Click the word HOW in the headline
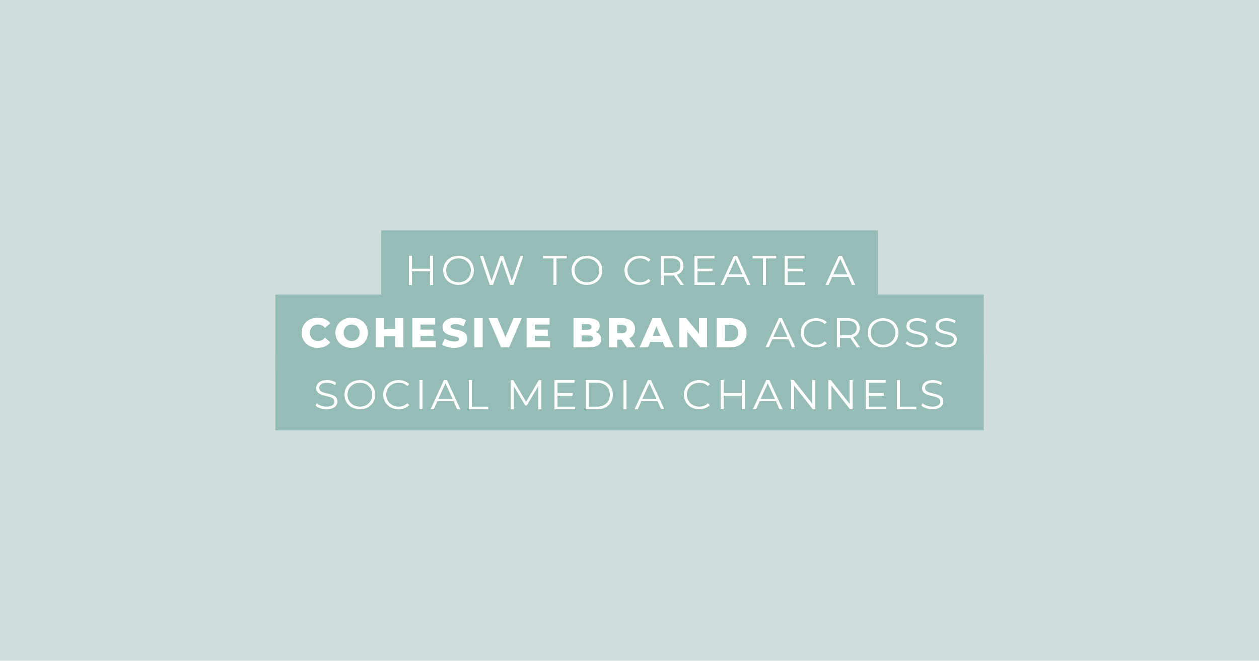pyautogui.click(x=466, y=270)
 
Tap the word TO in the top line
pyautogui.click(x=573, y=270)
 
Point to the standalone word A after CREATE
pyautogui.click(x=841, y=270)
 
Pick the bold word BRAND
pyautogui.click(x=660, y=332)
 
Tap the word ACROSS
pyautogui.click(x=862, y=332)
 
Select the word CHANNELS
pyautogui.click(x=813, y=394)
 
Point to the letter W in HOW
pyautogui.click(x=502, y=270)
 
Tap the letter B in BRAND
pyautogui.click(x=587, y=332)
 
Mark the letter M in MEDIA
pyautogui.click(x=526, y=394)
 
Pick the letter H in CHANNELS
pyautogui.click(x=733, y=394)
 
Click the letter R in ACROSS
pyautogui.click(x=848, y=332)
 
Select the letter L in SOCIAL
pyautogui.click(x=478, y=394)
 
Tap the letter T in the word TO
pyautogui.click(x=555, y=270)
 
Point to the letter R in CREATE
pyautogui.click(x=671, y=270)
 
